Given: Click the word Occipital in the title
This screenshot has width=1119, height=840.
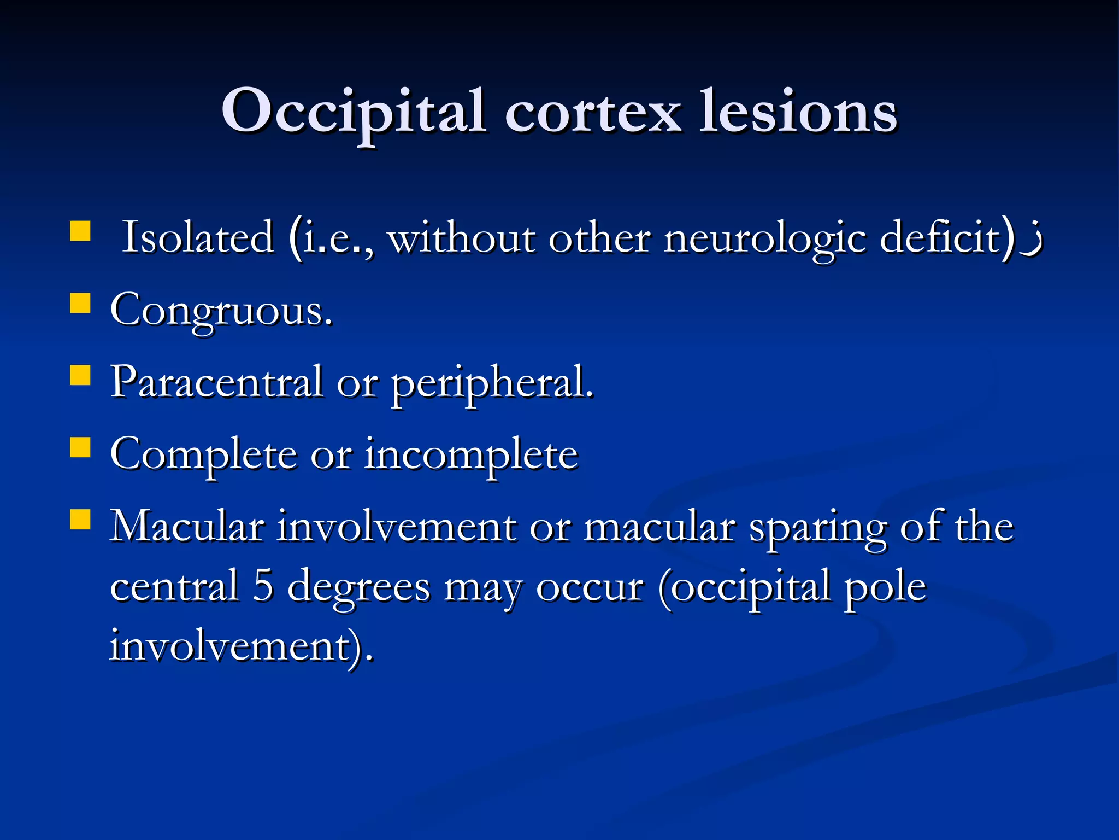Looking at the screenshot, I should pos(353,112).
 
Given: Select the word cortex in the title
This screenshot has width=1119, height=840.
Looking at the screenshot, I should pos(593,112).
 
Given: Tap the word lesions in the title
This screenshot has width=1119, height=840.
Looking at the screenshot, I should pos(798,112).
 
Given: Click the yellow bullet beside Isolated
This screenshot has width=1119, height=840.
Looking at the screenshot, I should pos(80,231).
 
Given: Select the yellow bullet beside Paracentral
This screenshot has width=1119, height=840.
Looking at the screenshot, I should pos(80,376).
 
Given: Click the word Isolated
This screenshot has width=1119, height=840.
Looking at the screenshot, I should pos(198,238).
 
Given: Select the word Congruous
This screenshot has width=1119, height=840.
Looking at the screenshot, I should pos(221,311).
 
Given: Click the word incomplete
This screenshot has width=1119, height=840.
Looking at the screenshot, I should pos(471,455).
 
